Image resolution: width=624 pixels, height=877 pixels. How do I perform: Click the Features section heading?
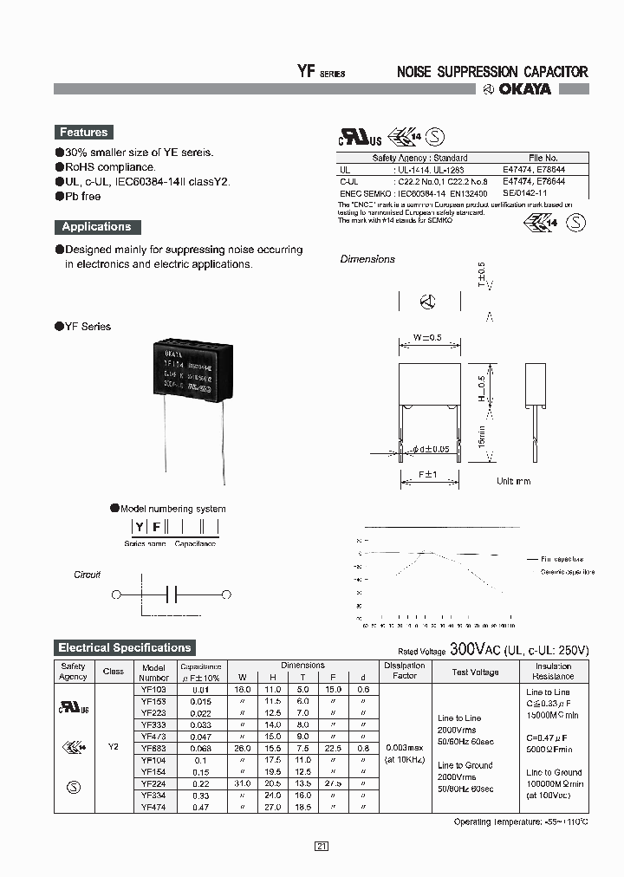(x=83, y=133)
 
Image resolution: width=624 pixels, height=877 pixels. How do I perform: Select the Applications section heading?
(x=96, y=227)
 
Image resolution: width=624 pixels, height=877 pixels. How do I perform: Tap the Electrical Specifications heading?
(x=124, y=648)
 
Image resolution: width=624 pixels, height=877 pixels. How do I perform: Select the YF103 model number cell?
(x=153, y=690)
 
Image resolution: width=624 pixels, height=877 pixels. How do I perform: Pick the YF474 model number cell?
(x=153, y=808)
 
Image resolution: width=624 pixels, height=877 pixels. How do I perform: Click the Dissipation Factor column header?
(x=405, y=671)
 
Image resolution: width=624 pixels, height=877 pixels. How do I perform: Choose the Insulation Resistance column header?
(x=553, y=671)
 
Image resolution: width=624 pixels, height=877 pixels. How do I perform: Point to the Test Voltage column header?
(x=475, y=672)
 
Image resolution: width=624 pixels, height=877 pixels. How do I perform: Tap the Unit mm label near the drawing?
(x=513, y=481)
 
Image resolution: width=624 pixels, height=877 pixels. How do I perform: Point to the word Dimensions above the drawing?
(x=367, y=259)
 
